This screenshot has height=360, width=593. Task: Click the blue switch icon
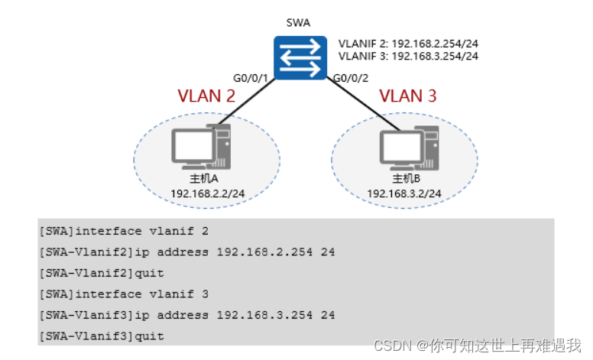tap(298, 57)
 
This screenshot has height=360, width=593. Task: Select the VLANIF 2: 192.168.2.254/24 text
tap(408, 44)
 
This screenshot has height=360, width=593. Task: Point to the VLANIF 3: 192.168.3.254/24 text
tap(408, 56)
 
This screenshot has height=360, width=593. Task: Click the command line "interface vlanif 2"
tap(123, 230)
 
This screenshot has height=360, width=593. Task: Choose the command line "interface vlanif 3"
tap(123, 294)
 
